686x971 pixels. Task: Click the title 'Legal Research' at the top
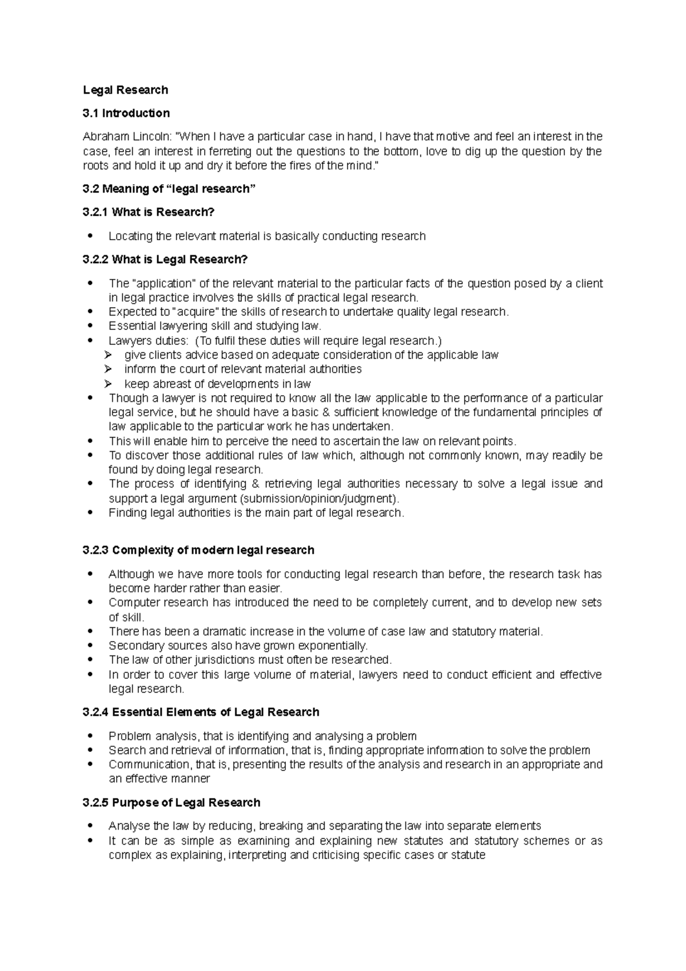tap(125, 90)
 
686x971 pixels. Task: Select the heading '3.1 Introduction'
tap(126, 113)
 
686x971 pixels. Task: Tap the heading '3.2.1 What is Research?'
tap(148, 212)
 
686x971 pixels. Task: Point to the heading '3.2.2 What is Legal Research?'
tap(165, 260)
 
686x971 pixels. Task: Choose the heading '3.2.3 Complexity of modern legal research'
tap(198, 550)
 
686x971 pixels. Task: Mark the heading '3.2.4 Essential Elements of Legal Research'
tap(201, 712)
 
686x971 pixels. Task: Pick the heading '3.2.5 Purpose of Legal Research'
tap(171, 802)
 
